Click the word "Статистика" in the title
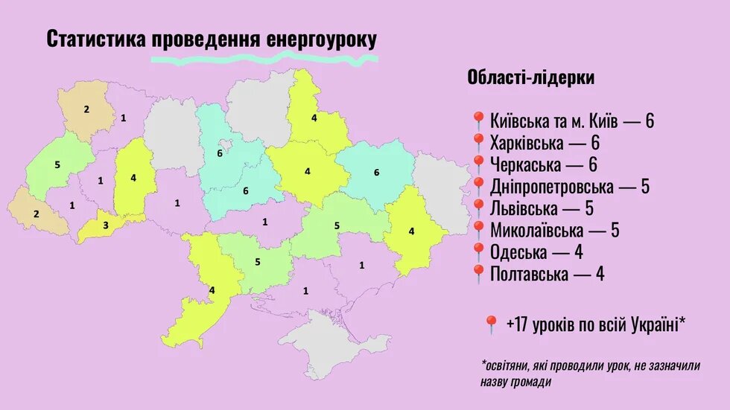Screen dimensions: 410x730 point(97,39)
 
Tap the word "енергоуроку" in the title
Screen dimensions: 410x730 point(321,39)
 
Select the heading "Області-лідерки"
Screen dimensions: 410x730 point(530,77)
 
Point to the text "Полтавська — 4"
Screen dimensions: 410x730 point(547,274)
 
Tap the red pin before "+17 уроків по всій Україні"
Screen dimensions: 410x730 point(490,325)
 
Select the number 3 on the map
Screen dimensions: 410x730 point(105,225)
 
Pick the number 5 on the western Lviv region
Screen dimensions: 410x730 point(57,164)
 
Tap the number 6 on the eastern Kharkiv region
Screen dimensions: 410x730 point(376,172)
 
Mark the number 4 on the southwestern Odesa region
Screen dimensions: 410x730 point(212,290)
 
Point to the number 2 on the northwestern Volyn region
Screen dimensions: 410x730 point(86,110)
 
